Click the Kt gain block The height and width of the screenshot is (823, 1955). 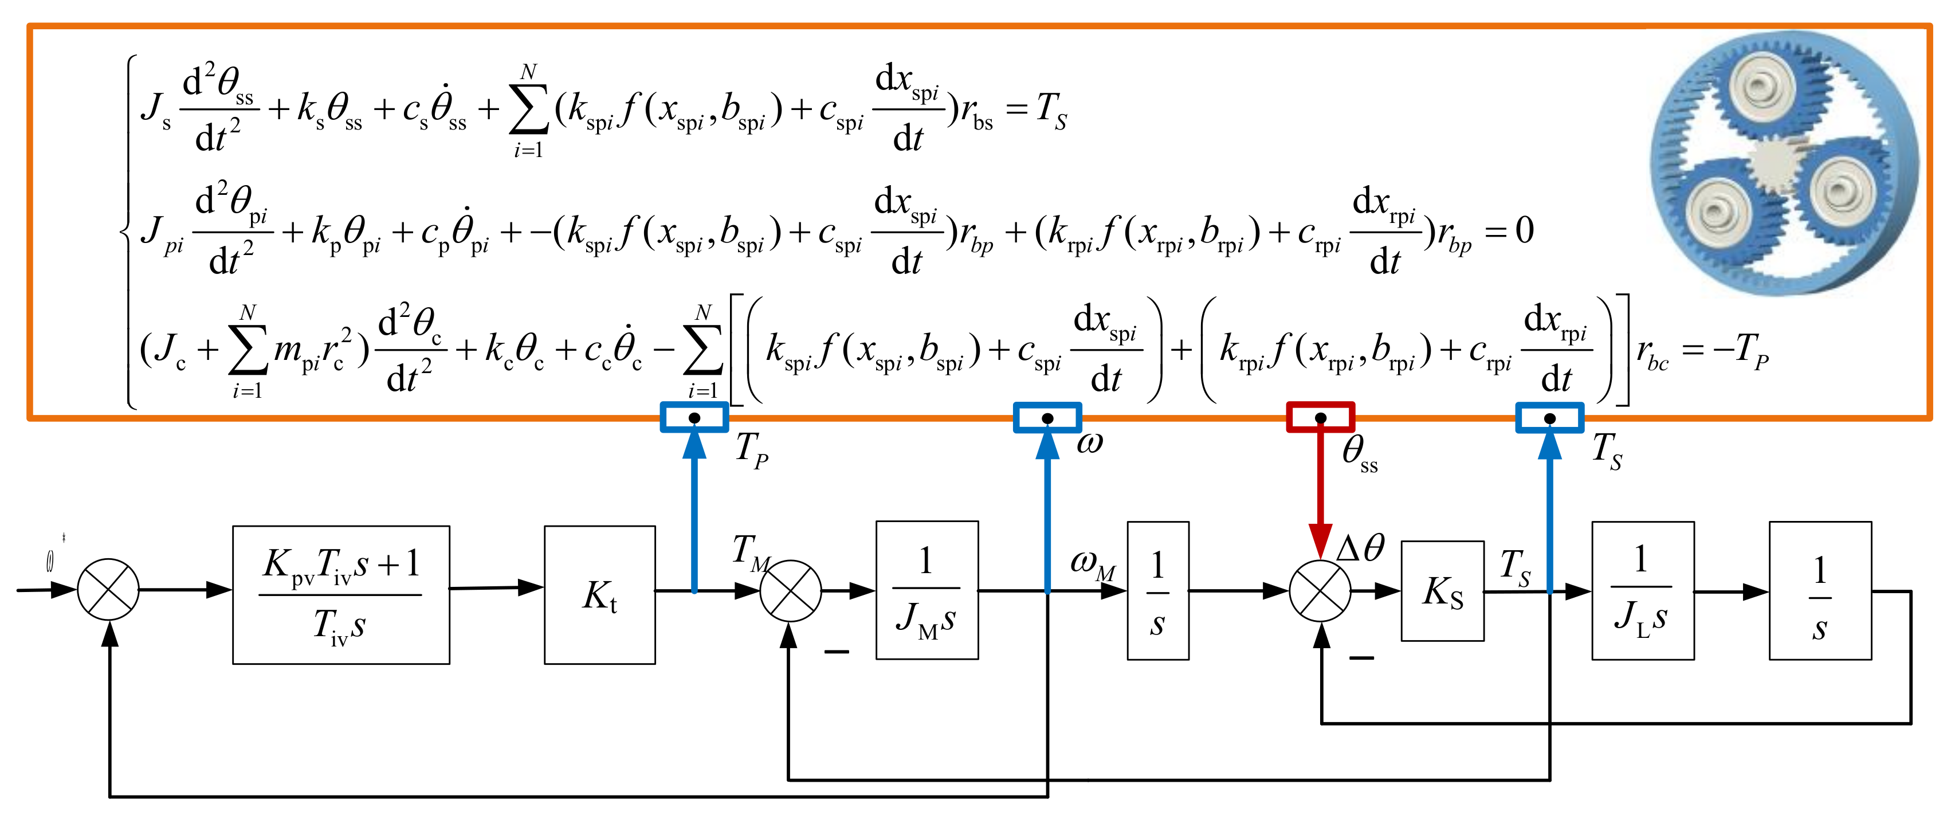[599, 594]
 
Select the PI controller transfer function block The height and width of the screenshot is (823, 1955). [341, 594]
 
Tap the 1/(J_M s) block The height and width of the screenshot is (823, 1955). [927, 590]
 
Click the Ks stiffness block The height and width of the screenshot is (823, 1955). [1442, 591]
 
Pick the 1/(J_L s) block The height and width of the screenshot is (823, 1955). [1642, 590]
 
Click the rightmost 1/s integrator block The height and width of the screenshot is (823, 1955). [1819, 590]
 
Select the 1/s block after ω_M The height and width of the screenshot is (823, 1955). [1157, 590]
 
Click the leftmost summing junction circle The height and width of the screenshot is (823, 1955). [108, 589]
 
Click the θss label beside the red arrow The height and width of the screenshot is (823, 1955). [1359, 453]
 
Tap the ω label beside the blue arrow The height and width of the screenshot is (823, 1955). [1089, 442]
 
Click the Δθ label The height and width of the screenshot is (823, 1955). [1360, 547]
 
